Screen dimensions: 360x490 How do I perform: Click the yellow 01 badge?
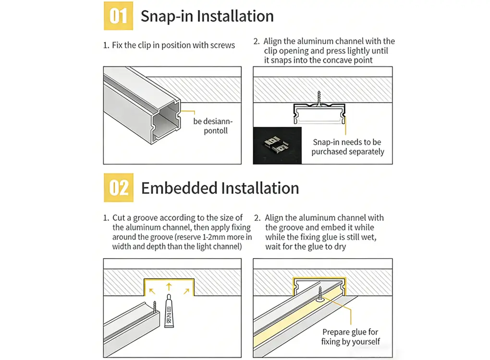(118, 16)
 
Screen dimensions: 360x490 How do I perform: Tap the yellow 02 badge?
(118, 188)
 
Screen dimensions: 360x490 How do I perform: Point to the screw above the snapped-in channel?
(318, 97)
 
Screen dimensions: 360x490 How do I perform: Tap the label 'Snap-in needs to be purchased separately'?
(347, 147)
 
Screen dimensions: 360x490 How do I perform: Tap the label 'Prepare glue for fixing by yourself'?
(350, 336)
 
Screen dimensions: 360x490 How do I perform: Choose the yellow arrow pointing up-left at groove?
(152, 290)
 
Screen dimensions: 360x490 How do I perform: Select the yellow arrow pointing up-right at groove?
(185, 290)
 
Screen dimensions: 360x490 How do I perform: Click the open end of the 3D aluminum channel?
(166, 122)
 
